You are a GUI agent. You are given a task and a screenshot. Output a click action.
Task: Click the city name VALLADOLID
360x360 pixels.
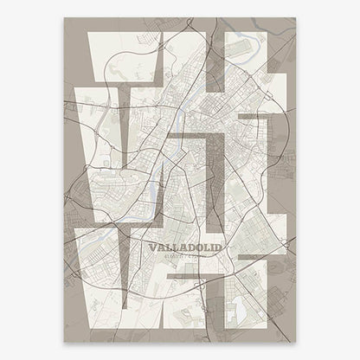tap(185, 247)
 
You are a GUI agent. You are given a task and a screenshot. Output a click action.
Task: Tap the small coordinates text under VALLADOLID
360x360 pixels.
tap(185, 257)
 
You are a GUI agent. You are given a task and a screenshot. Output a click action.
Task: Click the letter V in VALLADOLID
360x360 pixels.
tap(152, 247)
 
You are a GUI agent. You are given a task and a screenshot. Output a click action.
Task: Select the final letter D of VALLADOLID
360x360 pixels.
tap(217, 247)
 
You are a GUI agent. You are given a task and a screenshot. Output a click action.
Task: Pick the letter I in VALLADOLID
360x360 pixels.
tap(210, 247)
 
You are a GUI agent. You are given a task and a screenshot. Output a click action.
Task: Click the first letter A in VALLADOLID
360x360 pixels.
tap(161, 247)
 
